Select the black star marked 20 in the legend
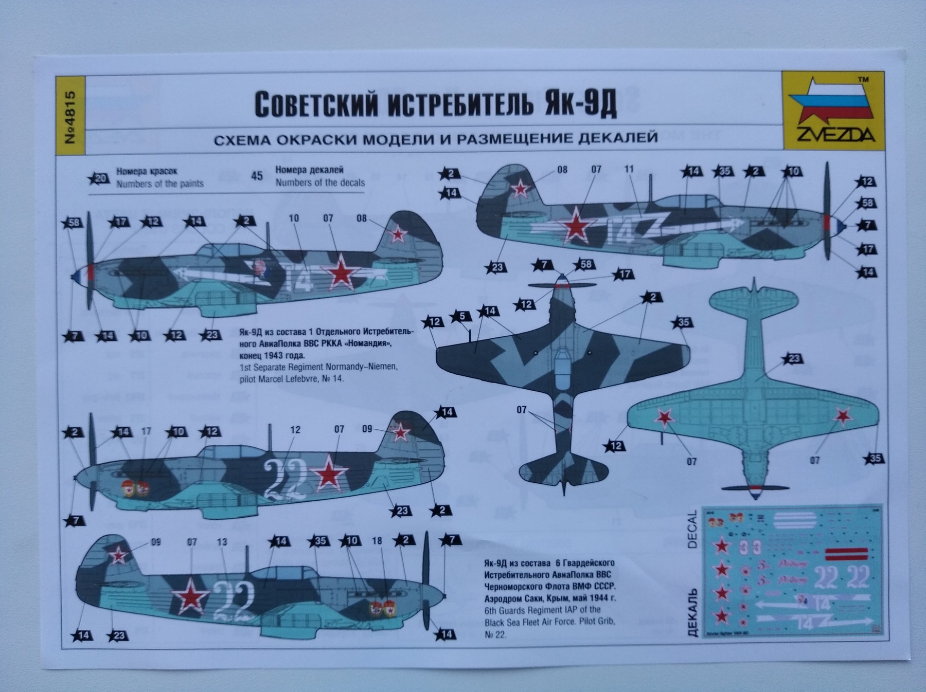(99, 178)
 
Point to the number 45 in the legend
(256, 176)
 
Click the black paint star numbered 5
(461, 316)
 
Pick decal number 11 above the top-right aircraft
(629, 169)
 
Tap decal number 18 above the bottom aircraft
(377, 540)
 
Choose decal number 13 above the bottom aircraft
(222, 542)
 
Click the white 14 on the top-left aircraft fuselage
(300, 279)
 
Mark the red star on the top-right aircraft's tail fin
(521, 189)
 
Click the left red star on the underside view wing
(665, 417)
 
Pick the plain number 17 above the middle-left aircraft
(146, 431)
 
